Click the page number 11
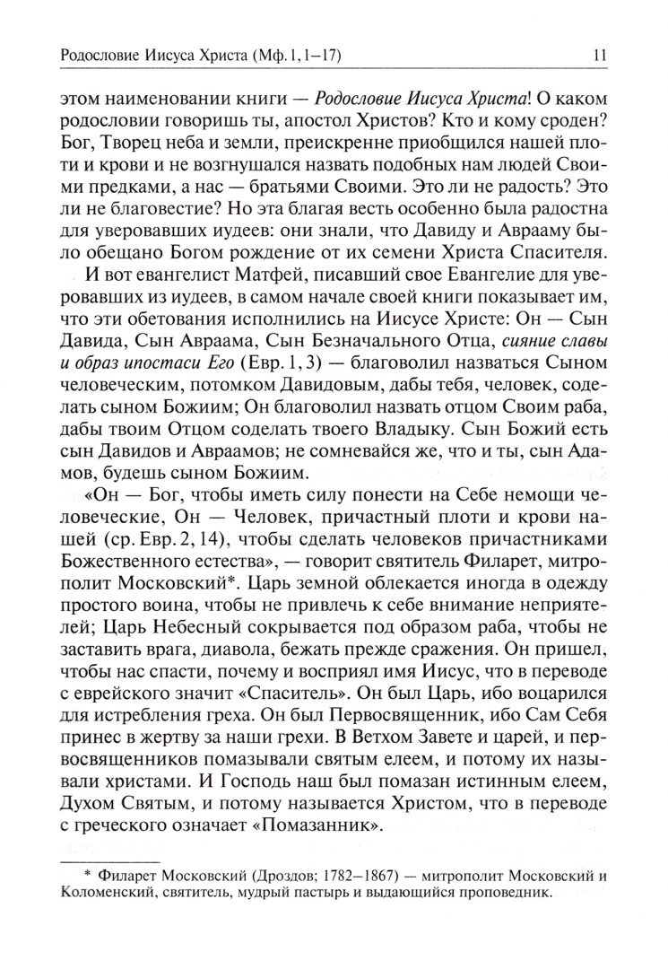(x=601, y=57)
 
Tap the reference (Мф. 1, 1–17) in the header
(x=297, y=57)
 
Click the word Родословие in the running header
(x=95, y=57)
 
